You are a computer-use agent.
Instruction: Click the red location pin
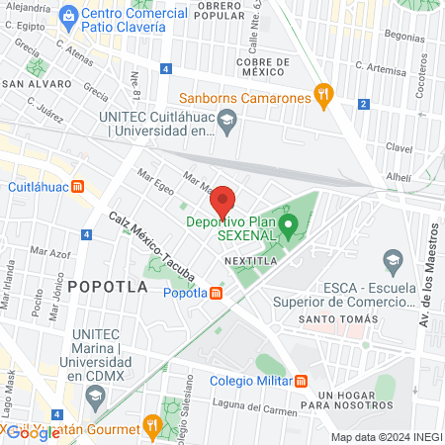[223, 201]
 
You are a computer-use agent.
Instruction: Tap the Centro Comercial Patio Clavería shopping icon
[67, 15]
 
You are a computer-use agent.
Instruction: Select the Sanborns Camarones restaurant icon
[321, 96]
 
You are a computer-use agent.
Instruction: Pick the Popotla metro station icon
[217, 292]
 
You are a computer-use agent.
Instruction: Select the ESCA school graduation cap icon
[394, 263]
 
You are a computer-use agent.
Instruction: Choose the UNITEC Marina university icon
[95, 398]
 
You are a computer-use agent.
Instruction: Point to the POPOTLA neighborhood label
[108, 287]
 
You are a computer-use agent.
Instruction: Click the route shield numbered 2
[365, 104]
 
